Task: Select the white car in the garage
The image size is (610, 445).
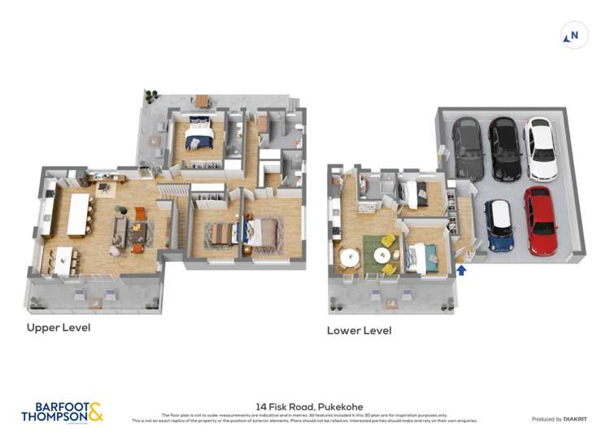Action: point(542,149)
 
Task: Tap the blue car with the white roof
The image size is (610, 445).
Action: point(498,225)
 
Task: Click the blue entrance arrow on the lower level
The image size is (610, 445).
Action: point(462,269)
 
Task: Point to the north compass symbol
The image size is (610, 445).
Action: point(574,36)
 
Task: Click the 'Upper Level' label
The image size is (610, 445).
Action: point(58,328)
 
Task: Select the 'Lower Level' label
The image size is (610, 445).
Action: point(359,331)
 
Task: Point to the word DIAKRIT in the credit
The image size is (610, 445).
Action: point(574,419)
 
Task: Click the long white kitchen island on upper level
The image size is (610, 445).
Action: point(79,215)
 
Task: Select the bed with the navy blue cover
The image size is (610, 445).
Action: point(199,135)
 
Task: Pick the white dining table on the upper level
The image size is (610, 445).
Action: point(64,260)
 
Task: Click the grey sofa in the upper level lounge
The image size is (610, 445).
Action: point(120,233)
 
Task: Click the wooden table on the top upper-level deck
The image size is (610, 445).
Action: point(201,100)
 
